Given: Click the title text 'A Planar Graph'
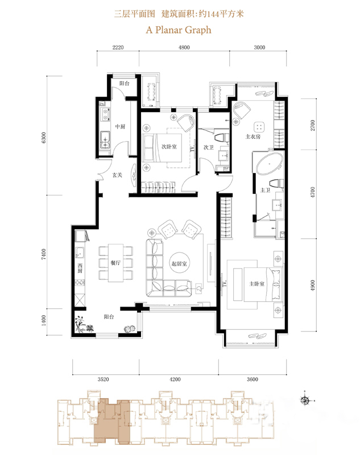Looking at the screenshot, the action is click(179, 30).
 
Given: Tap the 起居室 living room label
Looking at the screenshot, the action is click(179, 263).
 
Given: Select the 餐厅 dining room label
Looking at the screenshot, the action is click(115, 263).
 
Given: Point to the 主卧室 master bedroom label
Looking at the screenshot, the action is click(256, 283).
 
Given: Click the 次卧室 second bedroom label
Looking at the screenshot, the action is click(169, 147).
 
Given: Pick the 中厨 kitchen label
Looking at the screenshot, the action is click(120, 126).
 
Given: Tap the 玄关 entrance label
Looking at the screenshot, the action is click(117, 175).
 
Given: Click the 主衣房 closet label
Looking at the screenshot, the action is click(253, 136).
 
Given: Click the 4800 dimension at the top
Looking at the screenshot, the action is click(184, 47).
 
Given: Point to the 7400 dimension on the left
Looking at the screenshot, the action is click(44, 254).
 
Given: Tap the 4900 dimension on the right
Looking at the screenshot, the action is click(312, 286).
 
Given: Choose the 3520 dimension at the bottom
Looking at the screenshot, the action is click(104, 379).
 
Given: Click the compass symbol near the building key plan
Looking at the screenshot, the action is click(305, 401).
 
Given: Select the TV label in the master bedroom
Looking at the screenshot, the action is click(225, 283).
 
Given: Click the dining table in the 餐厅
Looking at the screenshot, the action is click(115, 263).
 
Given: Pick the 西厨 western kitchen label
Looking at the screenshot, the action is click(80, 268).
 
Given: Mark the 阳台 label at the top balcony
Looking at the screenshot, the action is click(125, 83).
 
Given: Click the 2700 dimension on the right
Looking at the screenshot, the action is click(312, 125).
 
